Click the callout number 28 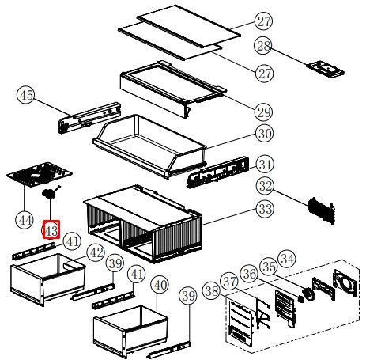point(263,47)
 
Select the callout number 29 point(264,112)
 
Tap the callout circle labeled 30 point(265,134)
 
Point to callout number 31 point(265,165)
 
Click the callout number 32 point(266,186)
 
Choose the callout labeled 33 point(266,209)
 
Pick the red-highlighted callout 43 point(51,229)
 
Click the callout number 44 point(25,220)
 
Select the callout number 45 point(26,95)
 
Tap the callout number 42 point(96,253)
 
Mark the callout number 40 point(160,285)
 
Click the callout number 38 point(212,291)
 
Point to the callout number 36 point(249,275)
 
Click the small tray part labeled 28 point(326,70)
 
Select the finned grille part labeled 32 point(322,210)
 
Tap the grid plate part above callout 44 point(40,174)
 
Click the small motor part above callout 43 point(51,192)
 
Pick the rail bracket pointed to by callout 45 point(89,119)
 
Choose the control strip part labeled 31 point(217,172)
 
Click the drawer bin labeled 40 point(131,328)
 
